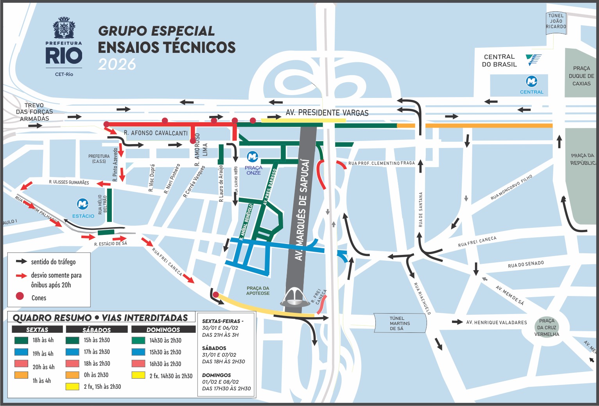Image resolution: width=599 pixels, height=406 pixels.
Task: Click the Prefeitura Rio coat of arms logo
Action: coord(64,28)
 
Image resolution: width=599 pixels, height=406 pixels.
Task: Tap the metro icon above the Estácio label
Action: coord(82,204)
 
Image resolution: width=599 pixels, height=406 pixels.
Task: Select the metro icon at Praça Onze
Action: coord(253,157)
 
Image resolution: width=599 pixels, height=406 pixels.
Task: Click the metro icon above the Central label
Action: coord(531,81)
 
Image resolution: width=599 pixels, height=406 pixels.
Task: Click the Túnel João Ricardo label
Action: coord(556,21)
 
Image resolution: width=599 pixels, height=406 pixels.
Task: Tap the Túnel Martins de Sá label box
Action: coord(400,323)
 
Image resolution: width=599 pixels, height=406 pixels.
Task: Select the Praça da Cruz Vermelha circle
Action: coord(547,327)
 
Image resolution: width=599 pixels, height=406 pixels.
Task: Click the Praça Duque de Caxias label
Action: coord(581,76)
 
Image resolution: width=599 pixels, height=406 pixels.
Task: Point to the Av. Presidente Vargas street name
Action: coord(327,113)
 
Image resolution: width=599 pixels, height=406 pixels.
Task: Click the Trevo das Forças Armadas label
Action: coord(34,112)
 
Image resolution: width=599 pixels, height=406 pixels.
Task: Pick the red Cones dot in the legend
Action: coord(20,296)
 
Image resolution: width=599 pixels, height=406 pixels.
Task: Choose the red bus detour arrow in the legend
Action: coord(21,276)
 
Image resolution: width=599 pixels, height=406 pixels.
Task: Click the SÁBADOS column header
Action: coord(97,330)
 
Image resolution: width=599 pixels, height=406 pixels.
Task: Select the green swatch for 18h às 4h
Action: coord(21,340)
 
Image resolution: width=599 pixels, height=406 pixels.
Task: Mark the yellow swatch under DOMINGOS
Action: coord(138,375)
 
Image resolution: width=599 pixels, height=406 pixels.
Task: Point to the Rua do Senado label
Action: coord(525,265)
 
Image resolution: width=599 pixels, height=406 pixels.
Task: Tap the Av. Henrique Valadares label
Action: coord(496,322)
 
